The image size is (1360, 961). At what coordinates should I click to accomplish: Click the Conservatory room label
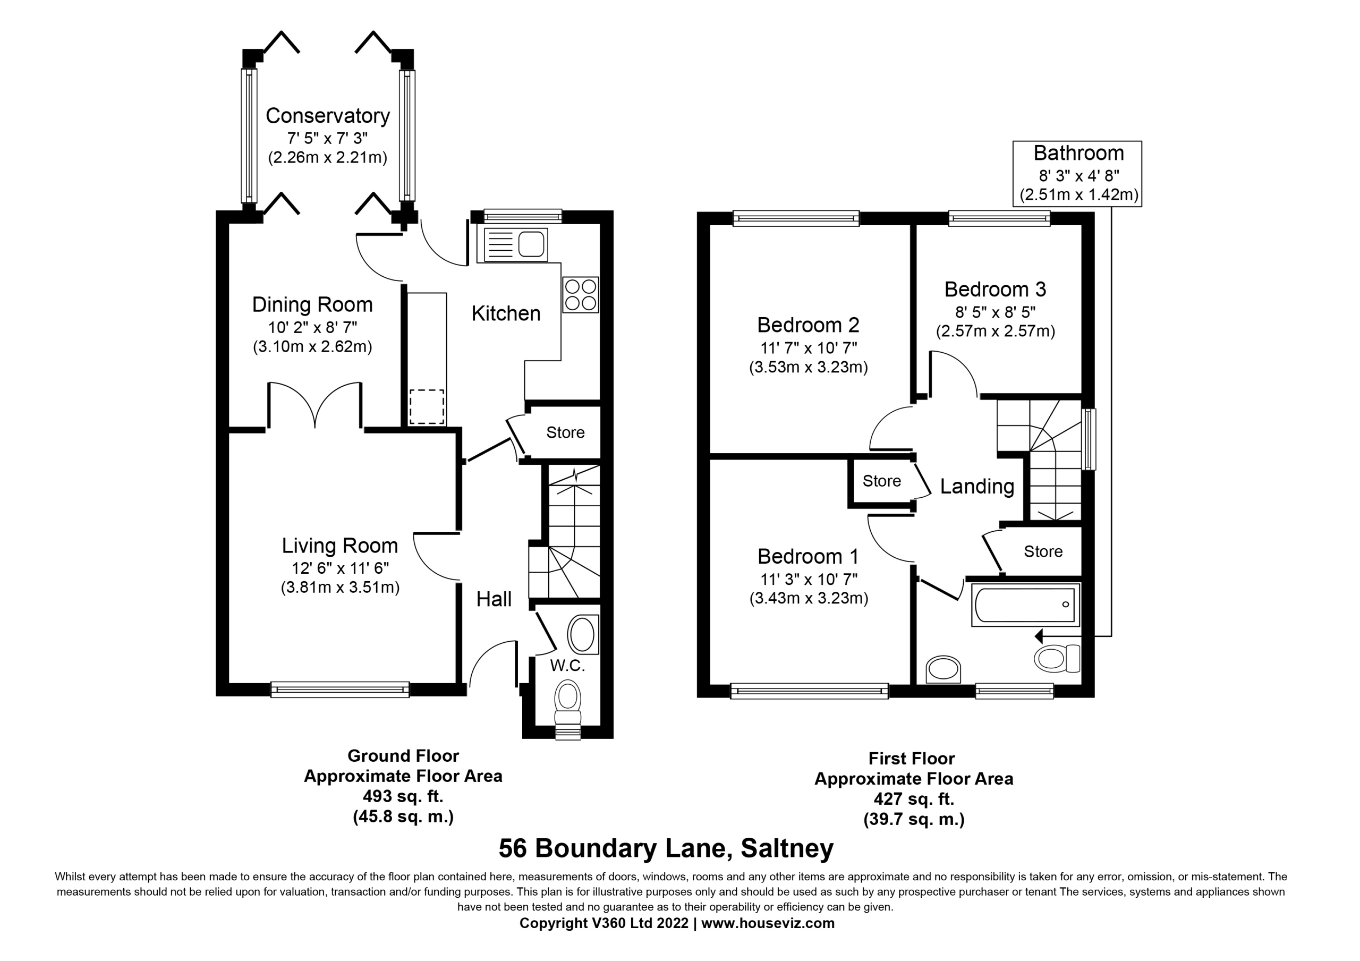(328, 115)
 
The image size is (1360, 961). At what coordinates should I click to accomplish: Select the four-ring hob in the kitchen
(581, 294)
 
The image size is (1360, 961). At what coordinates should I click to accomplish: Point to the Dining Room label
(312, 304)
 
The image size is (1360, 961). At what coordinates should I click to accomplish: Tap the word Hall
(494, 599)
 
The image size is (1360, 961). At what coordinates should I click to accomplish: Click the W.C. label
(567, 665)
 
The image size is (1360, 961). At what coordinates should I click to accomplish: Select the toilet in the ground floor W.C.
(568, 702)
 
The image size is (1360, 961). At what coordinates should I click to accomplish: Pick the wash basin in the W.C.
(583, 634)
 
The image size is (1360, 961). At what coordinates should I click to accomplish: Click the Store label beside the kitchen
(565, 432)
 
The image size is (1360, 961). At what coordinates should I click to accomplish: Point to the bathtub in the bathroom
(1025, 605)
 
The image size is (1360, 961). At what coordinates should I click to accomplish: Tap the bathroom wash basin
(942, 669)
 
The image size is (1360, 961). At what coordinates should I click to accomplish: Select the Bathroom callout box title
(1078, 153)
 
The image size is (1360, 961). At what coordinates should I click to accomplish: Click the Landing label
(977, 487)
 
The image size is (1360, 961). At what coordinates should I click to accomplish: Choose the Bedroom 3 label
(995, 289)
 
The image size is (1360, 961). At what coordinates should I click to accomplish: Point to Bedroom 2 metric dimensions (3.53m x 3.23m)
(809, 367)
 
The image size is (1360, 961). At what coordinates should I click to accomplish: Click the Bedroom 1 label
(808, 556)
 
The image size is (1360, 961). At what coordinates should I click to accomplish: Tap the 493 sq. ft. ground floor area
(403, 796)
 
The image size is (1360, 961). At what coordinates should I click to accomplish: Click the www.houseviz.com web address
(768, 923)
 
